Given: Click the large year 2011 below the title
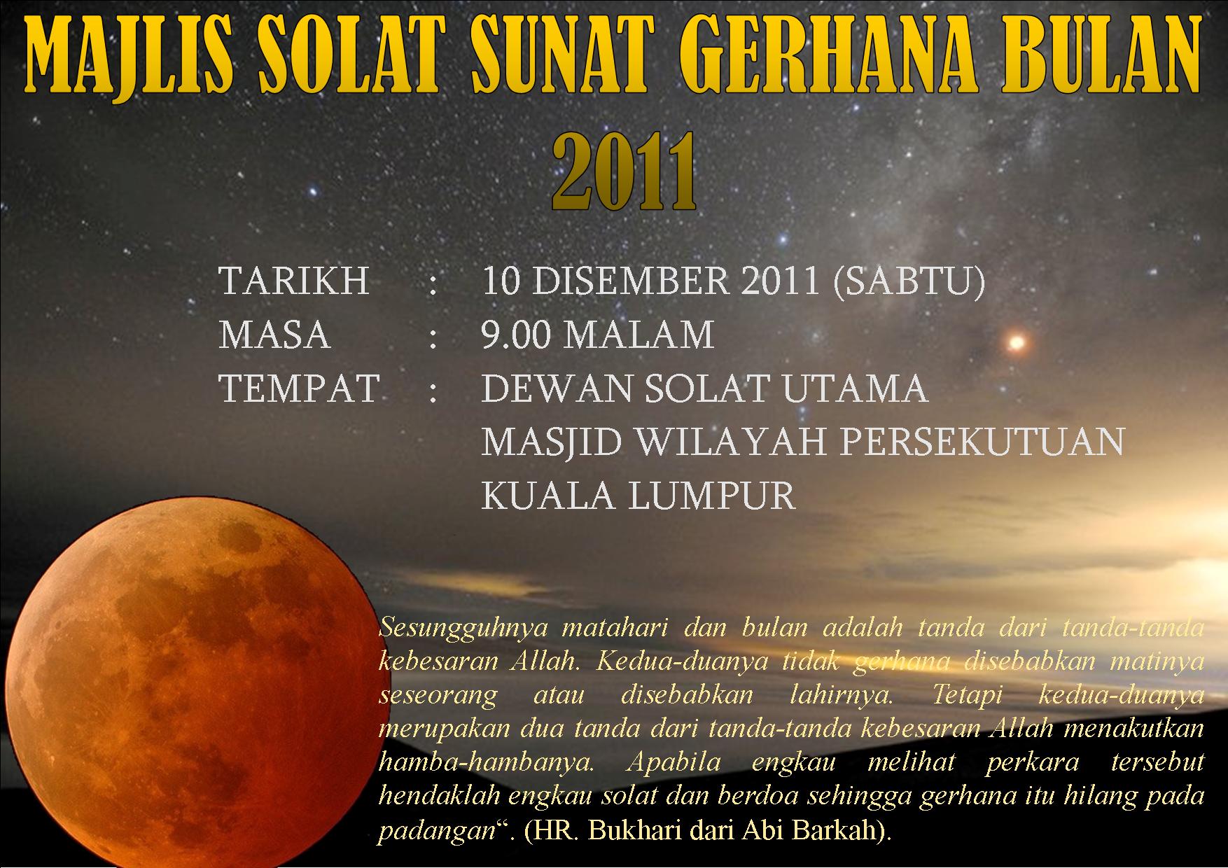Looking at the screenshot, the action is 625,173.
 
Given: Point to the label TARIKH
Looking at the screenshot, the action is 294,281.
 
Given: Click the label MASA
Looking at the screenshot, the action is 274,335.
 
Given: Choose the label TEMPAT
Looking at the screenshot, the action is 299,388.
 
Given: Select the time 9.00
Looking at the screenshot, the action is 517,335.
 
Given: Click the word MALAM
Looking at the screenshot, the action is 639,335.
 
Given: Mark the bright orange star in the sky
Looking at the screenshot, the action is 1016,343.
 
